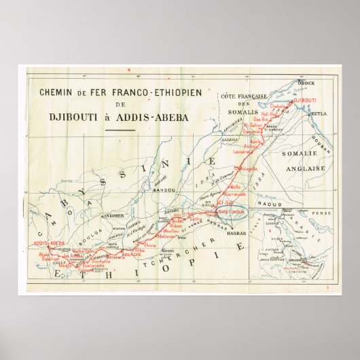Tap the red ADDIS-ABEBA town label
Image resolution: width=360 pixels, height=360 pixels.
coord(48,243)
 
